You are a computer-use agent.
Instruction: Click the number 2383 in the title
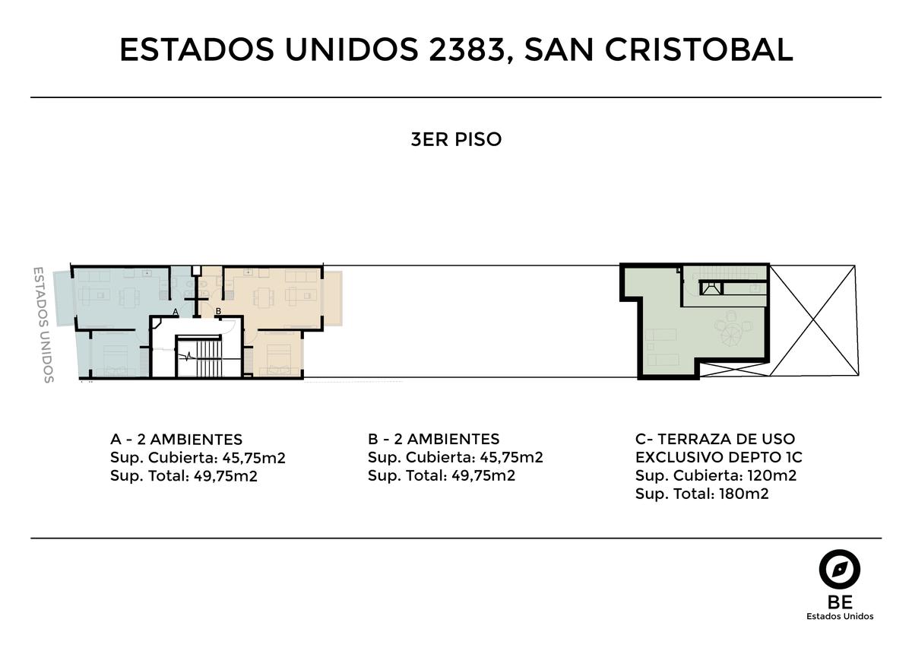point(467,49)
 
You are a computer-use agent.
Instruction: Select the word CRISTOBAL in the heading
point(698,49)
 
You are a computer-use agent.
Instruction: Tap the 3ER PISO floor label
point(456,139)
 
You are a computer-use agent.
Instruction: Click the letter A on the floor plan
point(176,312)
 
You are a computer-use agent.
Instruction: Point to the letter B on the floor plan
point(218,311)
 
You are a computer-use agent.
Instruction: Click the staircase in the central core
point(209,358)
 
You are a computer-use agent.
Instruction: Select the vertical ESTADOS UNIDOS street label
point(43,325)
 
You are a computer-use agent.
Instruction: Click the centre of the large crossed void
point(814,321)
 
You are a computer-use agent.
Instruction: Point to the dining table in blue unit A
point(129,297)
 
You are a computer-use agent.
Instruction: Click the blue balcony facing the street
point(64,298)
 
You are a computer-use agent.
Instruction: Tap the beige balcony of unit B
point(333,299)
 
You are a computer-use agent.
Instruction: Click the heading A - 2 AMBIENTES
point(176,440)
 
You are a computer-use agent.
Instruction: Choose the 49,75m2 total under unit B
point(483,475)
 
